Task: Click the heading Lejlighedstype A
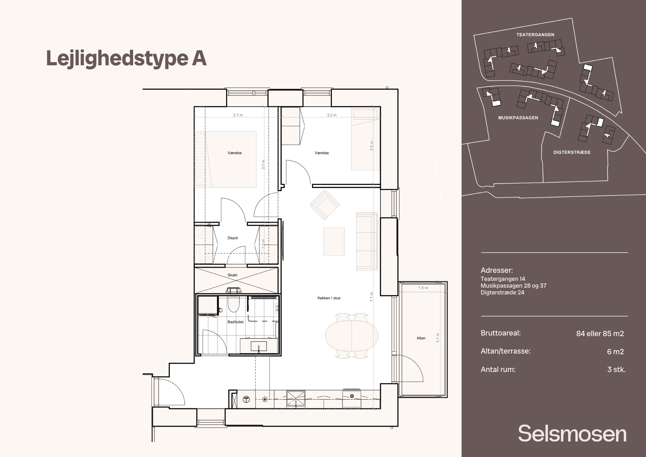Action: point(126,58)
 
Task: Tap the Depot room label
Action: point(233,238)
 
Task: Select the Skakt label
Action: point(232,275)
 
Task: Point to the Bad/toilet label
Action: point(235,322)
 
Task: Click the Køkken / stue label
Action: point(329,298)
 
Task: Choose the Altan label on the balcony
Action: point(421,338)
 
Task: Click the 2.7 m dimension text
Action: point(238,115)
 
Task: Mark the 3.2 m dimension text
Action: point(332,115)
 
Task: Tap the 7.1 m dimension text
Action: point(371,297)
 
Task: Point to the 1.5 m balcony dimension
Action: point(423,288)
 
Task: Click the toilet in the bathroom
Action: point(233,304)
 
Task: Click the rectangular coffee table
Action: point(334,241)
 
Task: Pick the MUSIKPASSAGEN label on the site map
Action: point(518,118)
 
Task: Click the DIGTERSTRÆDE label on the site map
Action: point(572,152)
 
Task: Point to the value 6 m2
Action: point(615,352)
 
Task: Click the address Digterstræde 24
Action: point(502,292)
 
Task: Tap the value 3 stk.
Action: point(616,369)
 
